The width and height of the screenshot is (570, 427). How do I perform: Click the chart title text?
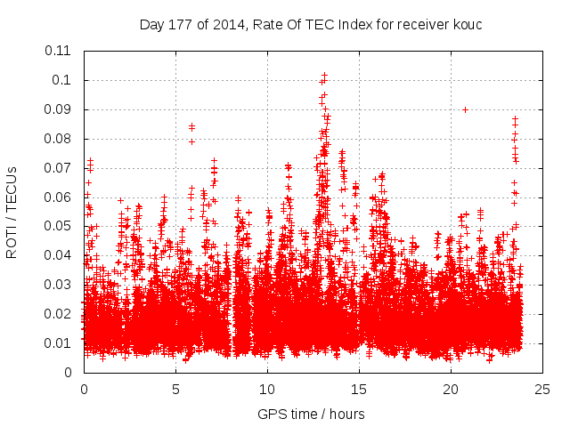point(311,24)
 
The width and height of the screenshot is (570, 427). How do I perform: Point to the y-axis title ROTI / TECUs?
point(12,211)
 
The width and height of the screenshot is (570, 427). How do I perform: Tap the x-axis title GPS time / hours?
point(311,414)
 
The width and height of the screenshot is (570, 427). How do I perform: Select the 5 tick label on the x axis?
point(175,389)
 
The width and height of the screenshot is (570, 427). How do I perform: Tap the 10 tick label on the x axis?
point(267,389)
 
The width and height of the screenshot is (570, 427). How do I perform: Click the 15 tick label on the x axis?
point(359,389)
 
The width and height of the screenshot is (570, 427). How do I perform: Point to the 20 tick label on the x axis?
point(451,389)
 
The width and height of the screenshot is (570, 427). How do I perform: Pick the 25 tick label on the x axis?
point(542,389)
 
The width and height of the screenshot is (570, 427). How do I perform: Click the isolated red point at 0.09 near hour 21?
point(465,109)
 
